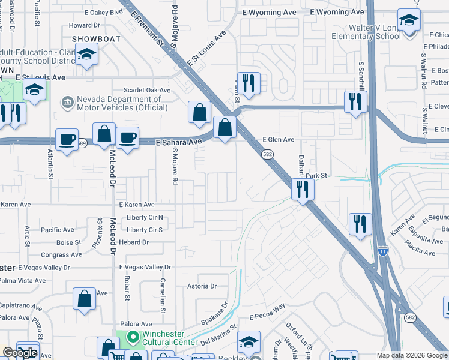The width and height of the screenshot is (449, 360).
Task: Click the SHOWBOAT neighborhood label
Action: click(97, 39)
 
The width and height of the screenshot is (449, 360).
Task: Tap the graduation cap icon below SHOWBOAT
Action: click(87, 55)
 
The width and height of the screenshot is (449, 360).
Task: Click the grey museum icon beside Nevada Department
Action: click(67, 103)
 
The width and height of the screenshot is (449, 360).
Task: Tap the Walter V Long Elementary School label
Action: click(366, 32)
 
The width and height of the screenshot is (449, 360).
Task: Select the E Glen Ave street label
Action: click(279, 140)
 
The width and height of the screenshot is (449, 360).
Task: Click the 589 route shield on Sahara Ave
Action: click(82, 143)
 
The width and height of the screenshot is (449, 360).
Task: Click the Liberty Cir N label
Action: click(145, 218)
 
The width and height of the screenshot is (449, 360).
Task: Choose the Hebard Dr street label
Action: click(134, 242)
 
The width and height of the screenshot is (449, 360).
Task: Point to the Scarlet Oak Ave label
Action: click(147, 90)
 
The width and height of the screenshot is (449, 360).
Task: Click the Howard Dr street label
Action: click(84, 25)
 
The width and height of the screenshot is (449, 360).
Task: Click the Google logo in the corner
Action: click(20, 353)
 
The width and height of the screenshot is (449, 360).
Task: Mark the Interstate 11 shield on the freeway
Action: click(382, 251)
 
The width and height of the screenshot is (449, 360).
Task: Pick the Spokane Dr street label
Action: click(215, 313)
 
